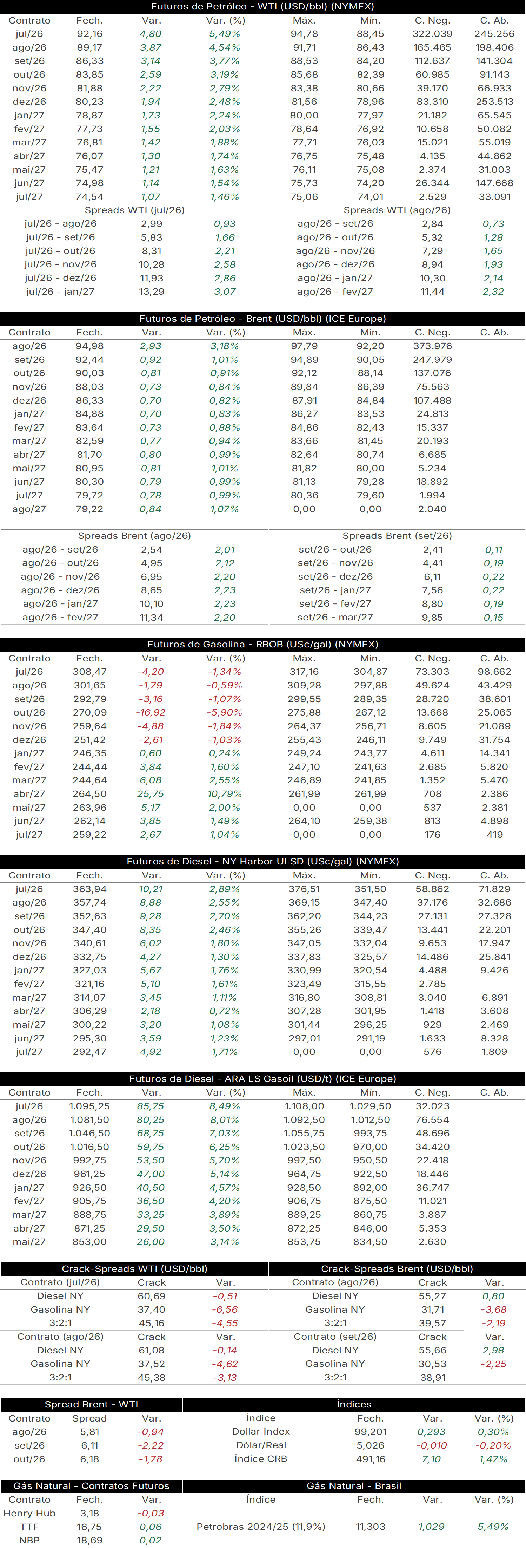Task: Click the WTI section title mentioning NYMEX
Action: [x=262, y=7]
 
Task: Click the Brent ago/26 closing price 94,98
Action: [x=89, y=346]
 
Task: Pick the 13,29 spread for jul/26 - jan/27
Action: [x=151, y=292]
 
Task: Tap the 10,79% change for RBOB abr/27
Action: [x=225, y=794]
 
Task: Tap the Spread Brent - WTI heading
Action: [x=91, y=1404]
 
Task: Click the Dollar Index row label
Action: [x=261, y=1431]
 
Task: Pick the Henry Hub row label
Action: [x=29, y=1513]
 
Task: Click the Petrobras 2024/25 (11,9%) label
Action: [x=261, y=1526]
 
